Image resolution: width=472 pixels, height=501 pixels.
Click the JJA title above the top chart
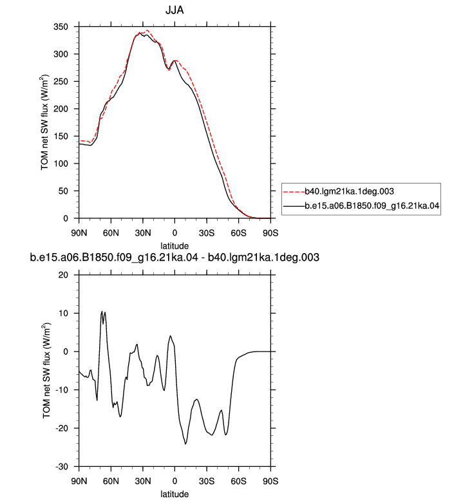click(175, 10)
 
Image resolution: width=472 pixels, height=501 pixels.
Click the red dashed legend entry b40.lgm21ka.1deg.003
click(339, 191)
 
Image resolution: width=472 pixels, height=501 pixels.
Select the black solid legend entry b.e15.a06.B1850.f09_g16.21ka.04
click(361, 206)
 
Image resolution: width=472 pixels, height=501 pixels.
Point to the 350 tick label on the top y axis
click(61, 27)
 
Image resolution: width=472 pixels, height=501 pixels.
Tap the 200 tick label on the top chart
click(61, 109)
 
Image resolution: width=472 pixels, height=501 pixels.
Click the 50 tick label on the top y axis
click(63, 191)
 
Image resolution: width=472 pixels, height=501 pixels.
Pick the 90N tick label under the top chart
click(79, 233)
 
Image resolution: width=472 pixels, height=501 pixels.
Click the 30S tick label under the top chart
click(207, 233)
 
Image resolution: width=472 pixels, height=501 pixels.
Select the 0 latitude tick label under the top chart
click(175, 233)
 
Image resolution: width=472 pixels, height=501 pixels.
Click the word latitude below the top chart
click(175, 246)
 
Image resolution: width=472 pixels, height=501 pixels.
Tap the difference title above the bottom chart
click(175, 257)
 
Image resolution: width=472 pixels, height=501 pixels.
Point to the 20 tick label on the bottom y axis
click(63, 275)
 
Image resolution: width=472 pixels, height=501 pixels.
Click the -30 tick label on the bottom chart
click(62, 467)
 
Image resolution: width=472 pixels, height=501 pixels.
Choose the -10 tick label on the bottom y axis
click(62, 390)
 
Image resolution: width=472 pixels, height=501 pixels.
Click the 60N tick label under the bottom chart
click(111, 481)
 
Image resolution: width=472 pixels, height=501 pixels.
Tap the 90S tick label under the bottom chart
click(270, 481)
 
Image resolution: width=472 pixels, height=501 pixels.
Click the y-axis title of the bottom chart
click(46, 370)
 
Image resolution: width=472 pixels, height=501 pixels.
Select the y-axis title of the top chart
click(44, 122)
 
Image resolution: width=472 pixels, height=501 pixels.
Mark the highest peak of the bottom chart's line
click(102, 311)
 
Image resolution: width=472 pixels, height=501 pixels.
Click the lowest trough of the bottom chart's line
click(185, 444)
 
